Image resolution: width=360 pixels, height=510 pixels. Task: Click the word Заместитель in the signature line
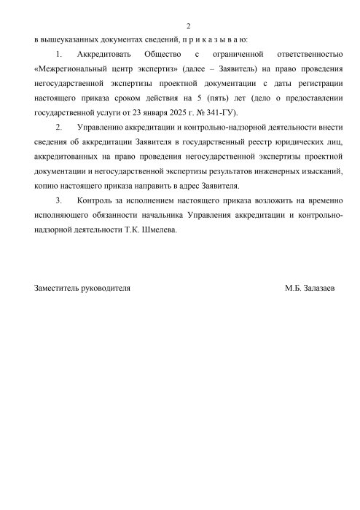[x=58, y=289]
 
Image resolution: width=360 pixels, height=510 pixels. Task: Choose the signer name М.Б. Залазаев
[x=310, y=289]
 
